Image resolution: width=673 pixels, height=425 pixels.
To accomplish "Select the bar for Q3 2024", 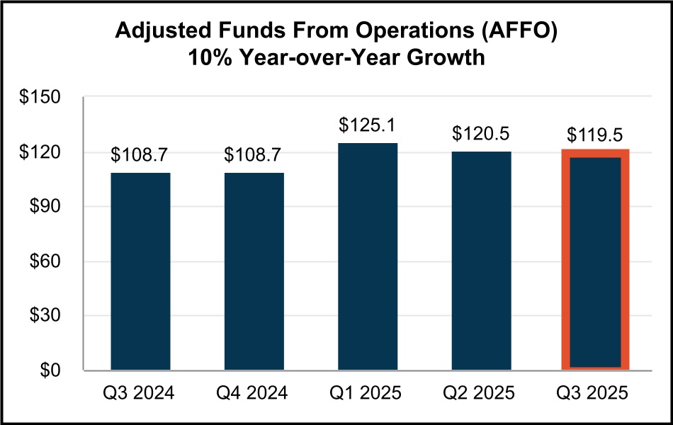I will tap(140, 271).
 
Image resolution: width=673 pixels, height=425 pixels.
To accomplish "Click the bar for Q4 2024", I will tap(254, 271).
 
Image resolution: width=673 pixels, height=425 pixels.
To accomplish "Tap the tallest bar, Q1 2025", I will tap(367, 256).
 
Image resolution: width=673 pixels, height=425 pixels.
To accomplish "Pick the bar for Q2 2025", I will tap(480, 261).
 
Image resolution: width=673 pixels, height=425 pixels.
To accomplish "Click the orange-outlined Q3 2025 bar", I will tap(595, 261).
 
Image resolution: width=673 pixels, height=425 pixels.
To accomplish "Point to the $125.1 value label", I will tap(367, 127).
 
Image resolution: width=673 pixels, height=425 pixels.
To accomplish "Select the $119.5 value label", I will tap(595, 135).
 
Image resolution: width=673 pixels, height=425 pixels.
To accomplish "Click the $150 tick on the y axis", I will tap(46, 98).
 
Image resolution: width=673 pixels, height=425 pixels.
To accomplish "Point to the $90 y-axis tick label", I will tap(50, 207).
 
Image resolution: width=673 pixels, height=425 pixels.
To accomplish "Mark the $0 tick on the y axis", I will tap(55, 370).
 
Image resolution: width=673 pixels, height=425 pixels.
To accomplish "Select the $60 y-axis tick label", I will tap(50, 261).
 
